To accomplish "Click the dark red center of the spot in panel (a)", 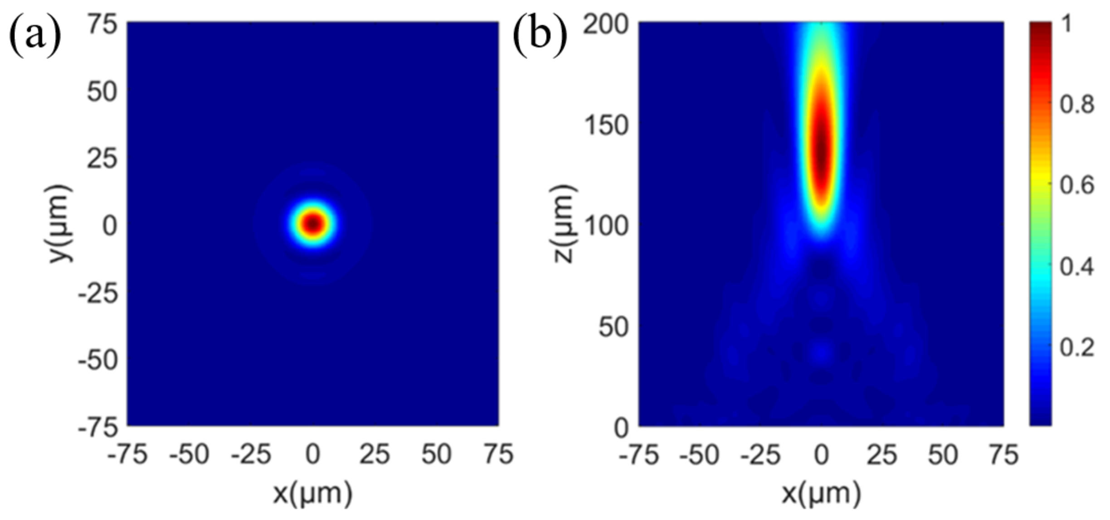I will pyautogui.click(x=313, y=223).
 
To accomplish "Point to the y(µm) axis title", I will pyautogui.click(x=59, y=223).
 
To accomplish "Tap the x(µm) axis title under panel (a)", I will pyautogui.click(x=313, y=494).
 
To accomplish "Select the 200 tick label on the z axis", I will pyautogui.click(x=606, y=24).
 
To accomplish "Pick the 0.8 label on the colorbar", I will pyautogui.click(x=1077, y=104).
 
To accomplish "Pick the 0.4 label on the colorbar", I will pyautogui.click(x=1077, y=266).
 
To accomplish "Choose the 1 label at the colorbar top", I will pyautogui.click(x=1067, y=24).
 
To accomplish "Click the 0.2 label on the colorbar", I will pyautogui.click(x=1077, y=347).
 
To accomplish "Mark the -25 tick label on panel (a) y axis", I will pyautogui.click(x=98, y=294).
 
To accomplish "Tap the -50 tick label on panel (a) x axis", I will pyautogui.click(x=189, y=454).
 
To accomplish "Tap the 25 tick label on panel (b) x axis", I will pyautogui.click(x=881, y=454).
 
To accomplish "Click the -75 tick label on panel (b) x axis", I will pyautogui.click(x=638, y=454).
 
